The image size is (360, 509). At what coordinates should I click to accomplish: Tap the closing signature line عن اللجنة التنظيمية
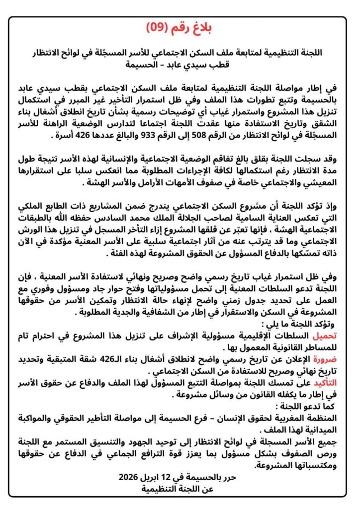pyautogui.click(x=180, y=488)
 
